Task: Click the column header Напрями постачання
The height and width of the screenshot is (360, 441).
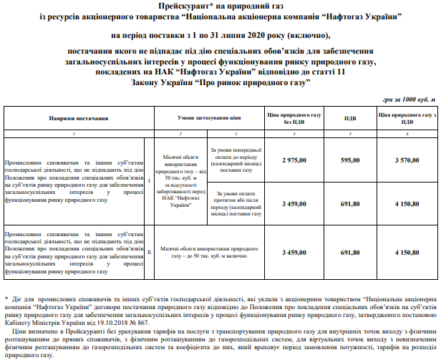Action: (x=74, y=116)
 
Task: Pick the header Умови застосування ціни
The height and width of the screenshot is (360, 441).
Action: (x=209, y=116)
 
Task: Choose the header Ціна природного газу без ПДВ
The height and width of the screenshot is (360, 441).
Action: (x=294, y=117)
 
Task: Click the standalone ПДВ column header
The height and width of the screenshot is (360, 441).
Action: (x=350, y=117)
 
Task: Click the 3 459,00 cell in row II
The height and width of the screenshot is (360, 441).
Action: (x=294, y=253)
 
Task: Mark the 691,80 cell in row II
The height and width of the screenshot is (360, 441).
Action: (x=350, y=253)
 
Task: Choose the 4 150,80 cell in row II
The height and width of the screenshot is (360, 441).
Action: (x=407, y=253)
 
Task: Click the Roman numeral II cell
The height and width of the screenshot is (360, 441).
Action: (x=149, y=253)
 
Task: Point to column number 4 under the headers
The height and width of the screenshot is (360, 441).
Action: (x=294, y=135)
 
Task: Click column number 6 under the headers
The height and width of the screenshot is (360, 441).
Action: (x=407, y=135)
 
